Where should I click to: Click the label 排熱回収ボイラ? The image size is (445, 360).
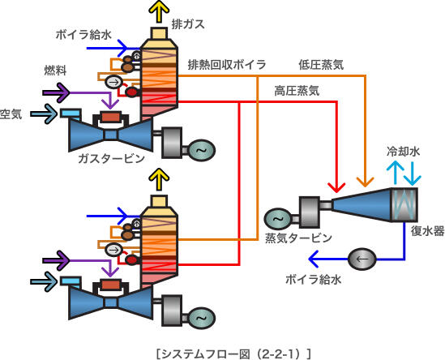point(227,65)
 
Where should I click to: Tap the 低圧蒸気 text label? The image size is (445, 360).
point(321,65)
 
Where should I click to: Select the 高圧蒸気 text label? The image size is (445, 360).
point(297,91)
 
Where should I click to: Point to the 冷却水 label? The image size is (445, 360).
point(403,152)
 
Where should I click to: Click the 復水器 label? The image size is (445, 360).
point(428,231)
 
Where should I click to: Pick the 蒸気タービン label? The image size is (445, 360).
point(298,238)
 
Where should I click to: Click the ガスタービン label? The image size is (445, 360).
point(112,158)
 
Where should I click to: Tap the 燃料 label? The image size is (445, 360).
point(55,71)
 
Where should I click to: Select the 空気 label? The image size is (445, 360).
point(11,114)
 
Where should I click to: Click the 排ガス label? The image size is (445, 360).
point(188,24)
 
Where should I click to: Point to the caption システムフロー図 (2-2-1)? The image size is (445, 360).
point(233,354)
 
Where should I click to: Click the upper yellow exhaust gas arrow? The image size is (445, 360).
point(159,11)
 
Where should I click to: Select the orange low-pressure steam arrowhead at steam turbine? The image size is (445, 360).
point(366,182)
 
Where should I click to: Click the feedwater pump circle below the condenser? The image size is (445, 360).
point(362,259)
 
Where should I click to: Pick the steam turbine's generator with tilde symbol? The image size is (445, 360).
point(278,219)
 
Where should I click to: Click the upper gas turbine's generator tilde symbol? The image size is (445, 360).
point(202,150)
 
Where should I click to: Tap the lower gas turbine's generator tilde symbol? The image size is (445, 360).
point(202,318)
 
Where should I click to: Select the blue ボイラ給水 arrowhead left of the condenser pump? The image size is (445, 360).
point(314,259)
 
